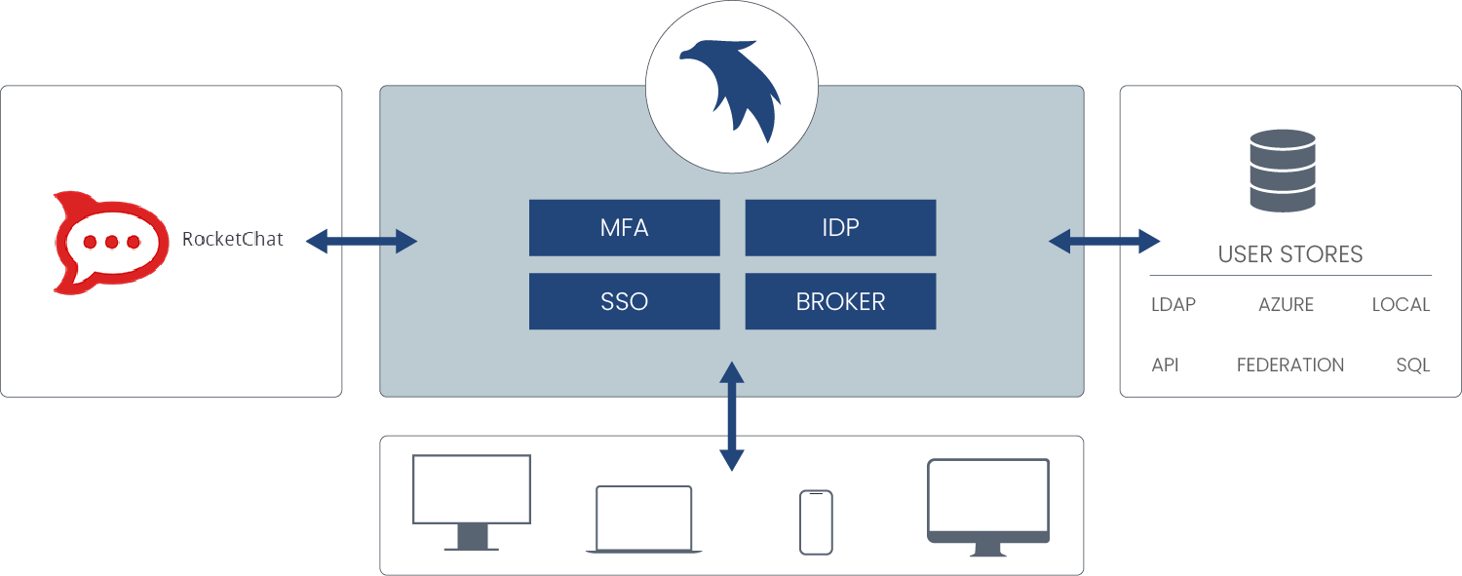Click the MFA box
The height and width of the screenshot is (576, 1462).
[x=624, y=228]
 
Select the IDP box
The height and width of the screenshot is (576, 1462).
[x=840, y=228]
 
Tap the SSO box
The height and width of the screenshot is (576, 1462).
[x=624, y=301]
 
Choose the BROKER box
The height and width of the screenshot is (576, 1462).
[x=840, y=301]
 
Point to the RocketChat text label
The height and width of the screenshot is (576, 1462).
[x=232, y=239]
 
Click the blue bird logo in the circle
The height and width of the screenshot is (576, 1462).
[x=730, y=90]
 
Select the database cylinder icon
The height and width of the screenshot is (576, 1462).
[x=1283, y=173]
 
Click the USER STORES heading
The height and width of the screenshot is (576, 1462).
[x=1289, y=255]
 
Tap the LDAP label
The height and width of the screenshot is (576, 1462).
[x=1173, y=305]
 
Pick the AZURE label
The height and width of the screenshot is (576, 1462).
[x=1286, y=305]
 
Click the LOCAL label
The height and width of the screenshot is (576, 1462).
[x=1401, y=305]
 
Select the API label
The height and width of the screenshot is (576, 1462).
[x=1165, y=365]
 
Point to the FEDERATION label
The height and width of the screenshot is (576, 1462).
[x=1289, y=365]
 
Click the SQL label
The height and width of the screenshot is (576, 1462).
[x=1412, y=365]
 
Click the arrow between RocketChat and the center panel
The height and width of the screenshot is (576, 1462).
[x=362, y=241]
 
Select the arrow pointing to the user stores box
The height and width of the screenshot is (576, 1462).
[x=1103, y=241]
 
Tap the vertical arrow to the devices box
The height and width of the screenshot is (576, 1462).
[x=731, y=416]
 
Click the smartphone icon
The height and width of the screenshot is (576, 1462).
[x=816, y=522]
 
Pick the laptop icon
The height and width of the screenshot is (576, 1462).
[x=643, y=519]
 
